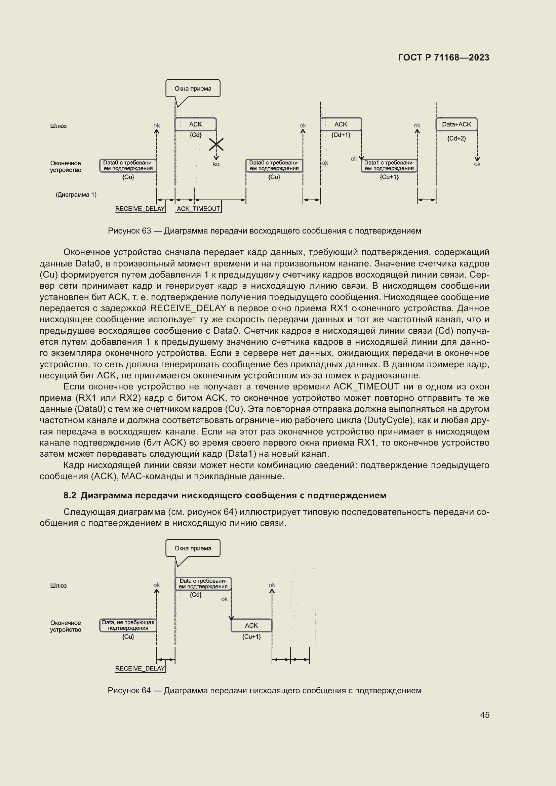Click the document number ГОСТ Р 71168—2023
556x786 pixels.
pyautogui.click(x=443, y=57)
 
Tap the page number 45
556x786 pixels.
pyautogui.click(x=484, y=715)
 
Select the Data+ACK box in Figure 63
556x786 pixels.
pyautogui.click(x=456, y=124)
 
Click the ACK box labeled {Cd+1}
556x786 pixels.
pyautogui.click(x=341, y=124)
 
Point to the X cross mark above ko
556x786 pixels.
pyautogui.click(x=216, y=144)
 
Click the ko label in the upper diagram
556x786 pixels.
pyautogui.click(x=216, y=164)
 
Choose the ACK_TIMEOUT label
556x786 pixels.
pyautogui.click(x=198, y=209)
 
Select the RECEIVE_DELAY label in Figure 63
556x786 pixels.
pyautogui.click(x=140, y=209)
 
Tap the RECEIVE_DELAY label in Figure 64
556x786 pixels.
pyautogui.click(x=140, y=669)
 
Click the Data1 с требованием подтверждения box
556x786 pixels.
pyautogui.click(x=389, y=166)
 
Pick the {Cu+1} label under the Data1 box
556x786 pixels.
pyautogui.click(x=389, y=177)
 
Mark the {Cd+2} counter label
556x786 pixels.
pyautogui.click(x=456, y=138)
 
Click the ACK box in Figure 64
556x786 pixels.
pyautogui.click(x=251, y=625)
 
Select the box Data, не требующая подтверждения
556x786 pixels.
pyautogui.click(x=128, y=625)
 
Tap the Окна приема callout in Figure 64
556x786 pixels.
pyautogui.click(x=193, y=548)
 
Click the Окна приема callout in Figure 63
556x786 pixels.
pyautogui.click(x=193, y=89)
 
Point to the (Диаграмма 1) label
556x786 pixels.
pyautogui.click(x=76, y=195)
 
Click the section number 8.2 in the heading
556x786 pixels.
pyautogui.click(x=70, y=495)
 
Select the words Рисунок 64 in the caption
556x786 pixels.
pyautogui.click(x=129, y=691)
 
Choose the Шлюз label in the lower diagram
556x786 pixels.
pyautogui.click(x=58, y=586)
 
